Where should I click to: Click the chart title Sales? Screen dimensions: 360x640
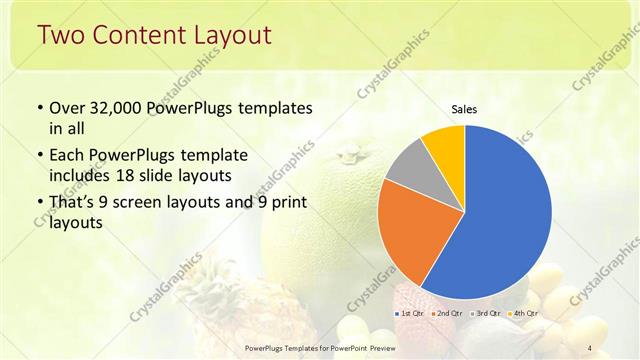point(463,109)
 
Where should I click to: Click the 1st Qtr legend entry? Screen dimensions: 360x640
point(409,314)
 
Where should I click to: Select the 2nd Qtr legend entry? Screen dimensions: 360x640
point(447,314)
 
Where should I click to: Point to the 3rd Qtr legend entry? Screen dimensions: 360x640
point(485,314)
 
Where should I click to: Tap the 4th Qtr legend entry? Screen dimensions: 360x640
point(522,314)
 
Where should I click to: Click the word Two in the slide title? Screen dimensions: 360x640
point(61,36)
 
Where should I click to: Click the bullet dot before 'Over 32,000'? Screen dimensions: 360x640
point(39,108)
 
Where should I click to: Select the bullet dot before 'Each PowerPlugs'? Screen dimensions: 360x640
point(39,156)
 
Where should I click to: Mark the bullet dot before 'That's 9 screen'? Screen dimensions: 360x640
point(39,204)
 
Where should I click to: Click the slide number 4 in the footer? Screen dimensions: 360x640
point(589,347)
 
